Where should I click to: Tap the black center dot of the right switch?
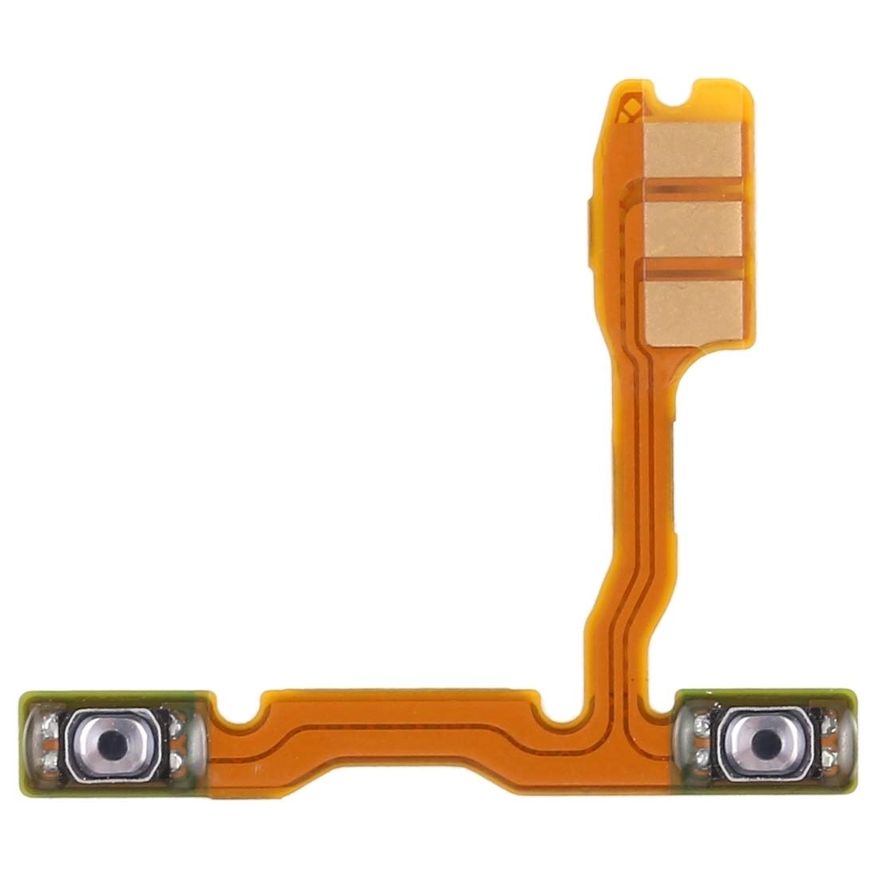click(765, 734)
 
